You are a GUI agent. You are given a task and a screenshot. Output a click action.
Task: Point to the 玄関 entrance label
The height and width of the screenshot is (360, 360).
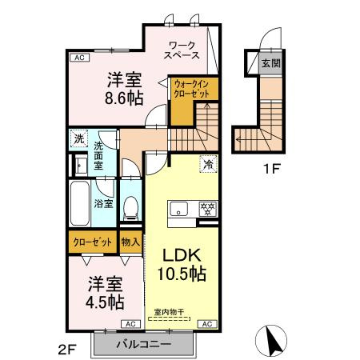pos(270,62)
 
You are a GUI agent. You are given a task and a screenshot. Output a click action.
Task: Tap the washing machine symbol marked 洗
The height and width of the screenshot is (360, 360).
pos(78,138)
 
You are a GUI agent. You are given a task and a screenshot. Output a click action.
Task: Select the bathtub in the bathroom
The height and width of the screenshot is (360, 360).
pos(80,204)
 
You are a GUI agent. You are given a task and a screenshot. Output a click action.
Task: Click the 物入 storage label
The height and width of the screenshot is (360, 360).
pos(130,241)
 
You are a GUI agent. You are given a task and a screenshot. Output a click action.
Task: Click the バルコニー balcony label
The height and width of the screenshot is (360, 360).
pos(144,346)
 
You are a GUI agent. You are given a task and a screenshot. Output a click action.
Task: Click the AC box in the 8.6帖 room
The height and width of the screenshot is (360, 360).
pos(78,58)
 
